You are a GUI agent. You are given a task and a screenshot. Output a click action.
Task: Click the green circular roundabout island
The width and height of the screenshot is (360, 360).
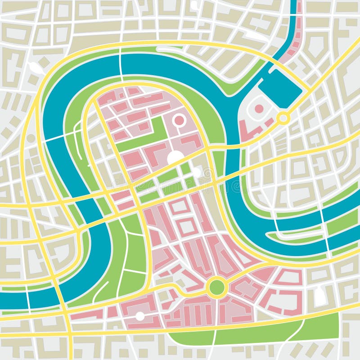coord(216,286)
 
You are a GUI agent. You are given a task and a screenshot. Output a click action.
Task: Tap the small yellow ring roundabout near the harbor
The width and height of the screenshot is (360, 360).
coord(283,118)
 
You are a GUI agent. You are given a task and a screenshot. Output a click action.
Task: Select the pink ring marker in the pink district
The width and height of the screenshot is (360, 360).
coord(179,120)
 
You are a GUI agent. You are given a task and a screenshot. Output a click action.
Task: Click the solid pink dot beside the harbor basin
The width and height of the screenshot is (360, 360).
coord(259,108)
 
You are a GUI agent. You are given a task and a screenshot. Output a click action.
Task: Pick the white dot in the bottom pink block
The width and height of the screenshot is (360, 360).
coord(140,316)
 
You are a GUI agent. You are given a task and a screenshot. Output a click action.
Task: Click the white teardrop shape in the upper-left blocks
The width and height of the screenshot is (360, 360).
coord(36,68)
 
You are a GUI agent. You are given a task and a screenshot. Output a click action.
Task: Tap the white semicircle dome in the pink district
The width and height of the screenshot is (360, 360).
coord(175,157)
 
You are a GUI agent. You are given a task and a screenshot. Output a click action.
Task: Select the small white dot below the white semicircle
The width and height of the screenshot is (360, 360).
coord(197,172)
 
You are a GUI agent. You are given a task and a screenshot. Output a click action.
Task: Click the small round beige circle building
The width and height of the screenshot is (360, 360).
coord(31,138)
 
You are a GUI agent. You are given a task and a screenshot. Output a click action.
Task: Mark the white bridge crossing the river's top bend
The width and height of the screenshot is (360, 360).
coord(121,63)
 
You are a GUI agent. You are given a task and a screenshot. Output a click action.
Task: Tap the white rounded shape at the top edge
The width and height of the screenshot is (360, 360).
coord(194,5)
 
